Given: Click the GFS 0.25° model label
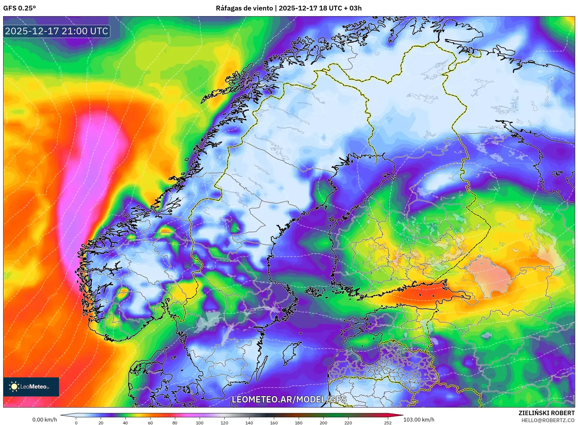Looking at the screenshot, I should [19, 8].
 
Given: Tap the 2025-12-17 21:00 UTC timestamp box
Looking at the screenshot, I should [57, 31].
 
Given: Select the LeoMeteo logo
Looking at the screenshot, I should [31, 387].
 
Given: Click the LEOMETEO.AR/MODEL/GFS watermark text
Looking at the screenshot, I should [289, 399].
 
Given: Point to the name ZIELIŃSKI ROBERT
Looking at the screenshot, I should [546, 413].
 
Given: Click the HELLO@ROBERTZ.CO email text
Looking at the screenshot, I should [548, 420].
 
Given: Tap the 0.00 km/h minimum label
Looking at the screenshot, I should [45, 420].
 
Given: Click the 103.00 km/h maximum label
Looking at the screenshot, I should [419, 420].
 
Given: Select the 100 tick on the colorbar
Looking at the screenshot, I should [200, 422].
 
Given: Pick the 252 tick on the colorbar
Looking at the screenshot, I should [388, 422].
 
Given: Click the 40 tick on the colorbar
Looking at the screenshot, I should [125, 422].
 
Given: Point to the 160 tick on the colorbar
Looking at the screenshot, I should [274, 422].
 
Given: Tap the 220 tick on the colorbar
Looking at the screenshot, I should [348, 422].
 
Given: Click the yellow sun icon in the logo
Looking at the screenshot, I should [14, 387].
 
